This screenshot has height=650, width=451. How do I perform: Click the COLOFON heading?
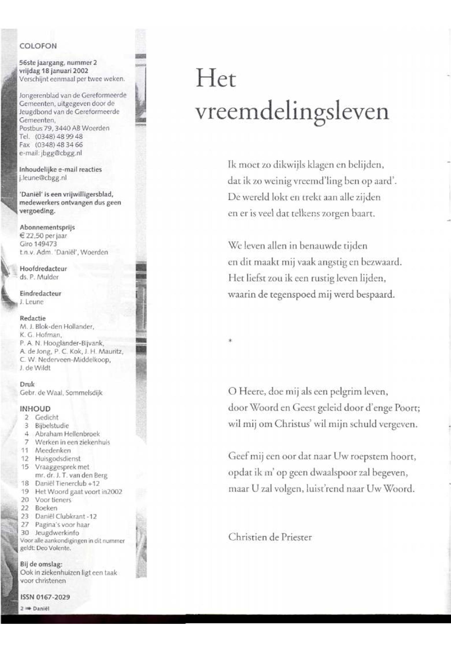(x=38, y=46)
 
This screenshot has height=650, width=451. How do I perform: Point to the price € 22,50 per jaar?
(x=43, y=236)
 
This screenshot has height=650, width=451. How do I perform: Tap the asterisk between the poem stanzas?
(x=230, y=341)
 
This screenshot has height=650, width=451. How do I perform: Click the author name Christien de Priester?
(x=270, y=537)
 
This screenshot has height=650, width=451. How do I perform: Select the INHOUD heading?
(x=35, y=409)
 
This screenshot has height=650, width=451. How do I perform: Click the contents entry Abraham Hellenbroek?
(x=67, y=433)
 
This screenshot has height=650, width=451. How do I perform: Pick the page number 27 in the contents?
(x=25, y=525)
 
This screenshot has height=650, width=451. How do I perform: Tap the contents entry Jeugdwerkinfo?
(x=57, y=533)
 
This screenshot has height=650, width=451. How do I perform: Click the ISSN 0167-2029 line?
(x=45, y=597)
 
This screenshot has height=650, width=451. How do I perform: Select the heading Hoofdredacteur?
(x=43, y=268)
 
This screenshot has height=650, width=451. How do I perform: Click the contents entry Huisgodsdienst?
(x=58, y=458)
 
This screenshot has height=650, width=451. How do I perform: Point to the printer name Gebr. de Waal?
(x=41, y=393)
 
